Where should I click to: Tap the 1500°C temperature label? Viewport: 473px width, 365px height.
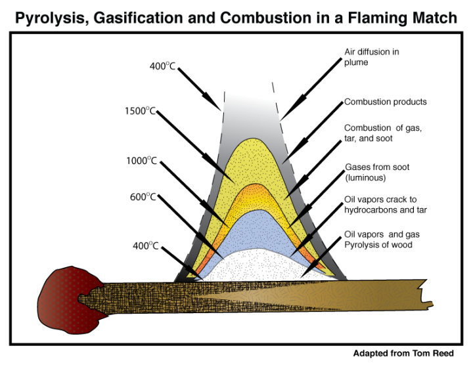(140, 111)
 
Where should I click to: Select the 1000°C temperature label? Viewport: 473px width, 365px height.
(141, 161)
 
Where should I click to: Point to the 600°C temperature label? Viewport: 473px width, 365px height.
(143, 197)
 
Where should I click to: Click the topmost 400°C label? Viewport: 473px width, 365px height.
(162, 66)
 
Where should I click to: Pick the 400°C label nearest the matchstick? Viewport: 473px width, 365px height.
(145, 246)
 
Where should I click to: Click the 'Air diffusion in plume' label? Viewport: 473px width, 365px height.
(372, 57)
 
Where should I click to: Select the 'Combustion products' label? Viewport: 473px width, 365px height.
(385, 102)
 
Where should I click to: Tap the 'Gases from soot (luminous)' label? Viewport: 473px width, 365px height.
(377, 172)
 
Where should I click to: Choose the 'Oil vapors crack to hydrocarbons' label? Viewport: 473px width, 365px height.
(386, 205)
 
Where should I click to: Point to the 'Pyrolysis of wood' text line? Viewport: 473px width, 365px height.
(378, 244)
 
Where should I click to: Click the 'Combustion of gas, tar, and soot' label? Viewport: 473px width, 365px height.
(383, 133)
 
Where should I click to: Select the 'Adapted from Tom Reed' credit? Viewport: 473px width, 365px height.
(403, 353)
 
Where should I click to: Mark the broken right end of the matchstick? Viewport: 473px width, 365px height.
(428, 294)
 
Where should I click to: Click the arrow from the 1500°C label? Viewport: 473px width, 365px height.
(196, 147)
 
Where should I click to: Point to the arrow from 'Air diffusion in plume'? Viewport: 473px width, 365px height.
(311, 89)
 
